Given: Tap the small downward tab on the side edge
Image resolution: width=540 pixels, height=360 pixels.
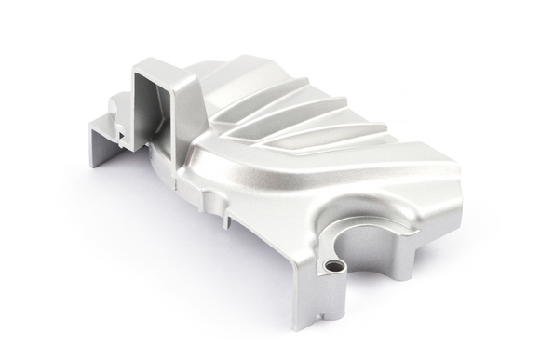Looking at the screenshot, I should tap(224, 220).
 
